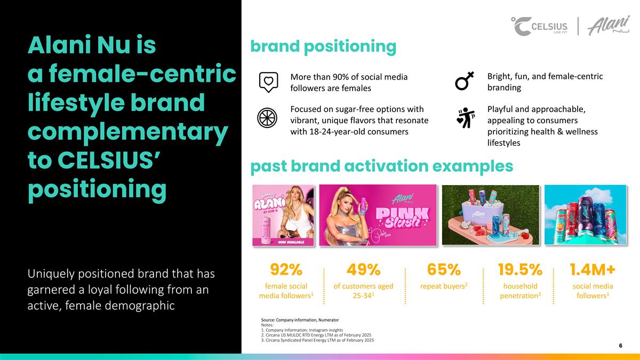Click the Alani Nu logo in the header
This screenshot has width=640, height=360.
pos(608,26)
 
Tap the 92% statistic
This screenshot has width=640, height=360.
pos(286,270)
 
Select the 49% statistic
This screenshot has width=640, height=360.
pos(363,270)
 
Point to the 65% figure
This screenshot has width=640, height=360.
pos(444,270)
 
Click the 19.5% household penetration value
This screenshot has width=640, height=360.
pos(520,270)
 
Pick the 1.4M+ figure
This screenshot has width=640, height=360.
pos(592,270)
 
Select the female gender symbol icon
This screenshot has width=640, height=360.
pos(463,82)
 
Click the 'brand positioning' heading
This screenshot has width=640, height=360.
pos(323,47)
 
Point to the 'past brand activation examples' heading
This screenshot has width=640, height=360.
pos(381,166)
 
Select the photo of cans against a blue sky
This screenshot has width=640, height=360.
pos(585,215)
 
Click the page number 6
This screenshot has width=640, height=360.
pos(620,346)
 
